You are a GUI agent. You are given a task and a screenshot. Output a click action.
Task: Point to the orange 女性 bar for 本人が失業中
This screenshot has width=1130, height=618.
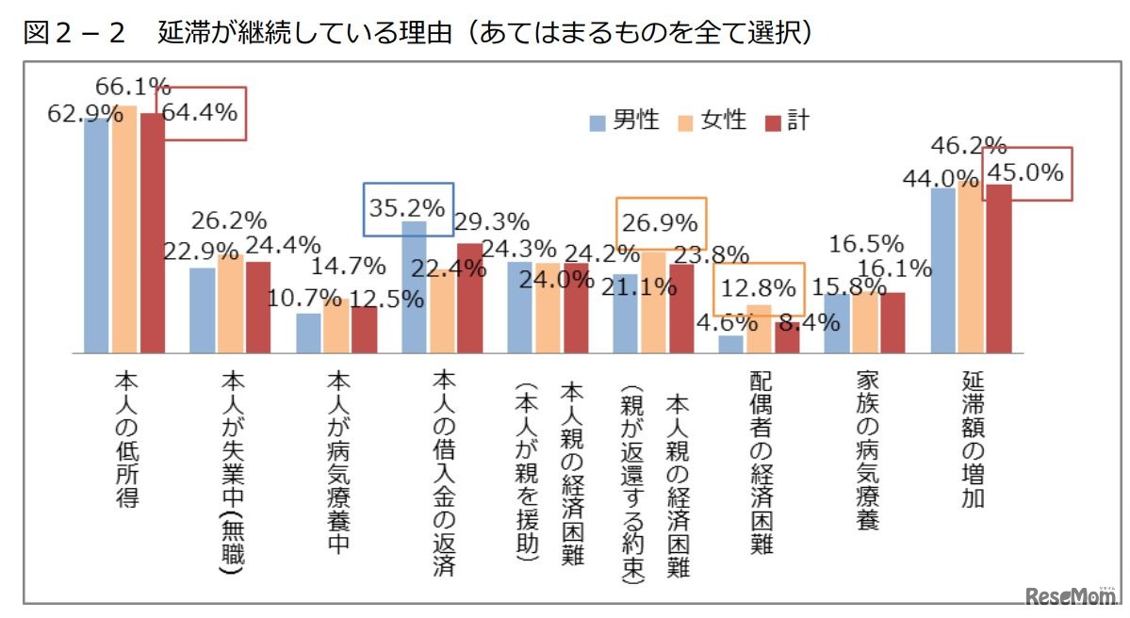coord(229,302)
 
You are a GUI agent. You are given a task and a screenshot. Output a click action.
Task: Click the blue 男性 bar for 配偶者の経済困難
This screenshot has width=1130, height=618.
coord(730,344)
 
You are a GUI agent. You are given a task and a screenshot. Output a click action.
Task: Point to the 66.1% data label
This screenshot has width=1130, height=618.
coord(133,88)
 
